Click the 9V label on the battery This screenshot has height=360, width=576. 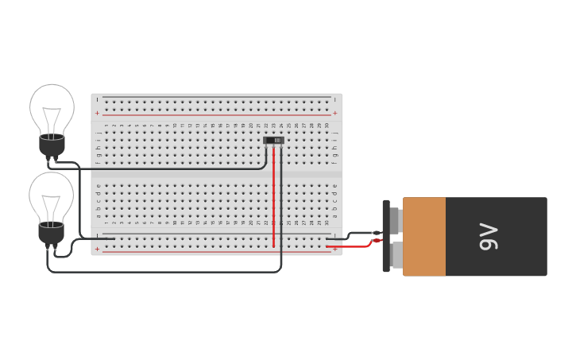(x=488, y=237)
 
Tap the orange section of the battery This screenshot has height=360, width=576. (x=424, y=237)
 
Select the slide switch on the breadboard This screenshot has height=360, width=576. (x=273, y=141)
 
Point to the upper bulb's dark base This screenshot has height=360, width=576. (x=52, y=146)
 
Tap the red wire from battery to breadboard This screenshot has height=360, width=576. (x=354, y=246)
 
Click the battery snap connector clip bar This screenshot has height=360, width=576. (x=386, y=236)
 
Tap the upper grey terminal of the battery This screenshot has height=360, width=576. (x=395, y=221)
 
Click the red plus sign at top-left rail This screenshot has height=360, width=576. (x=97, y=113)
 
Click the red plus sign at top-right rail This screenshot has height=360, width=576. (x=335, y=113)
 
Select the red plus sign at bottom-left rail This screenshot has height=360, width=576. (x=97, y=249)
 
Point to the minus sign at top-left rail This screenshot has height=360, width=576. (x=97, y=99)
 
